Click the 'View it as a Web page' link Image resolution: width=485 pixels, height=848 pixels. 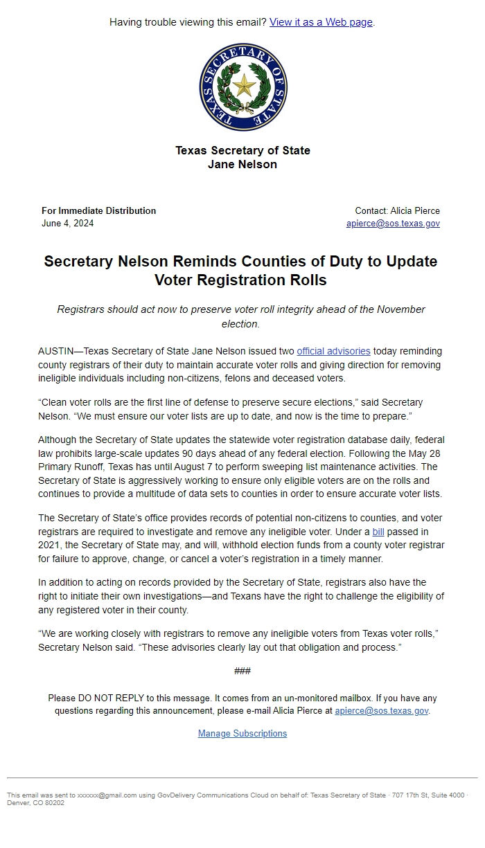coord(321,22)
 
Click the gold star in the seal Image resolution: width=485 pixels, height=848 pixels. coord(242,86)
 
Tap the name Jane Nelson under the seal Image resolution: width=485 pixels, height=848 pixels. coord(242,164)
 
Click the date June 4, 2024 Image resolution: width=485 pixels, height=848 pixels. coord(67,224)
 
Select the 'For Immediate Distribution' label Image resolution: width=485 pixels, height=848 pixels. coord(98,210)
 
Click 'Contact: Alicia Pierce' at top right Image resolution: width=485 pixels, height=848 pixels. coord(397,210)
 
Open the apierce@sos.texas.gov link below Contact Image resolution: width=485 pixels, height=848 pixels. coord(393,224)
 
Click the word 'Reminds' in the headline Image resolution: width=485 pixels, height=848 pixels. coord(206,262)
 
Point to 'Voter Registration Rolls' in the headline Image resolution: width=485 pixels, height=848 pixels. coord(240,280)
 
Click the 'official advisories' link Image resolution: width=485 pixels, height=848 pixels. coord(333,351)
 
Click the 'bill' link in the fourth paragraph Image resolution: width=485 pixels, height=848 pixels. coord(378,532)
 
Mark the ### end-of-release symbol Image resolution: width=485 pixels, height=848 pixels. coord(242,671)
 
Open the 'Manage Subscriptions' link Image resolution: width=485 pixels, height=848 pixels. coord(242,733)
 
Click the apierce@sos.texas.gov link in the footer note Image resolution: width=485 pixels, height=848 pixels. coord(381,710)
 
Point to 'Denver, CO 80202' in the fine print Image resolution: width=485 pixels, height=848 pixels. coord(35,803)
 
